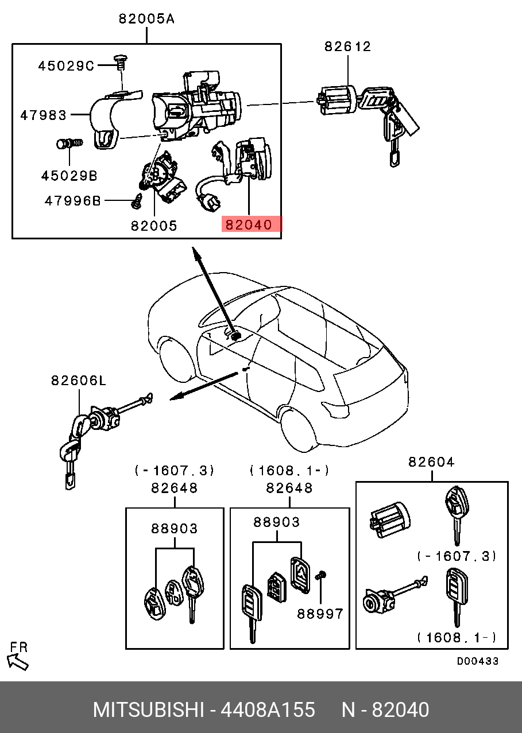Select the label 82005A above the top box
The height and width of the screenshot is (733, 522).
(x=146, y=19)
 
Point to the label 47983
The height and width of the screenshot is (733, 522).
(x=44, y=115)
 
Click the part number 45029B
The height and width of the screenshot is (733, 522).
(x=69, y=176)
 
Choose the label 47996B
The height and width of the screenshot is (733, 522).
(x=73, y=201)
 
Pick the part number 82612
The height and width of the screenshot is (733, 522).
(x=347, y=47)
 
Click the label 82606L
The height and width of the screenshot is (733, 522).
(x=79, y=380)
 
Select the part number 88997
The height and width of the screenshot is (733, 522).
(x=320, y=614)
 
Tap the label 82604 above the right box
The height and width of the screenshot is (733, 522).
(x=431, y=461)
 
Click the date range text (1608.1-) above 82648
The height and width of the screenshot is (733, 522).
(x=289, y=471)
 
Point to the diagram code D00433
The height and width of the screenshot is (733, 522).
(x=478, y=661)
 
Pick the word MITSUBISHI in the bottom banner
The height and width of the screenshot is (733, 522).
(x=149, y=710)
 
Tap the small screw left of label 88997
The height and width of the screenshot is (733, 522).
(x=322, y=575)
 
